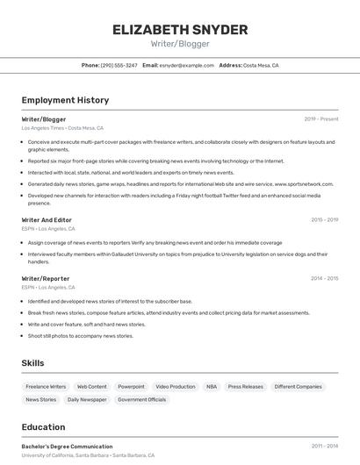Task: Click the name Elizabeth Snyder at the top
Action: tap(180, 30)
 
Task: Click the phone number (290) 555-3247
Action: tap(119, 65)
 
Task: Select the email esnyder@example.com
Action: tap(191, 65)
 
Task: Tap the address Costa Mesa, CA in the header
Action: tap(261, 65)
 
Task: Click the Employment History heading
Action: tap(65, 100)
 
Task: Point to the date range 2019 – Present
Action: tap(321, 119)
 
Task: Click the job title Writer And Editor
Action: tap(47, 220)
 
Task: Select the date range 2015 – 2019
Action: tap(324, 220)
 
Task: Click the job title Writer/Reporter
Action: tap(46, 278)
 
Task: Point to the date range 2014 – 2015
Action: tap(324, 278)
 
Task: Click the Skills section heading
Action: tap(33, 362)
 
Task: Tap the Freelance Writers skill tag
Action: tap(46, 386)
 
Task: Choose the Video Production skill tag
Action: tap(176, 386)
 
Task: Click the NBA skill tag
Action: tap(212, 386)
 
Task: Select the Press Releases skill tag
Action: tap(245, 386)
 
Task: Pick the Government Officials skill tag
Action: tap(141, 399)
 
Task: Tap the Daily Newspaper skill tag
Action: tap(87, 399)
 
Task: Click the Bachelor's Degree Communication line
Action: tap(67, 447)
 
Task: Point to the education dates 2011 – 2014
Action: tap(324, 447)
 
